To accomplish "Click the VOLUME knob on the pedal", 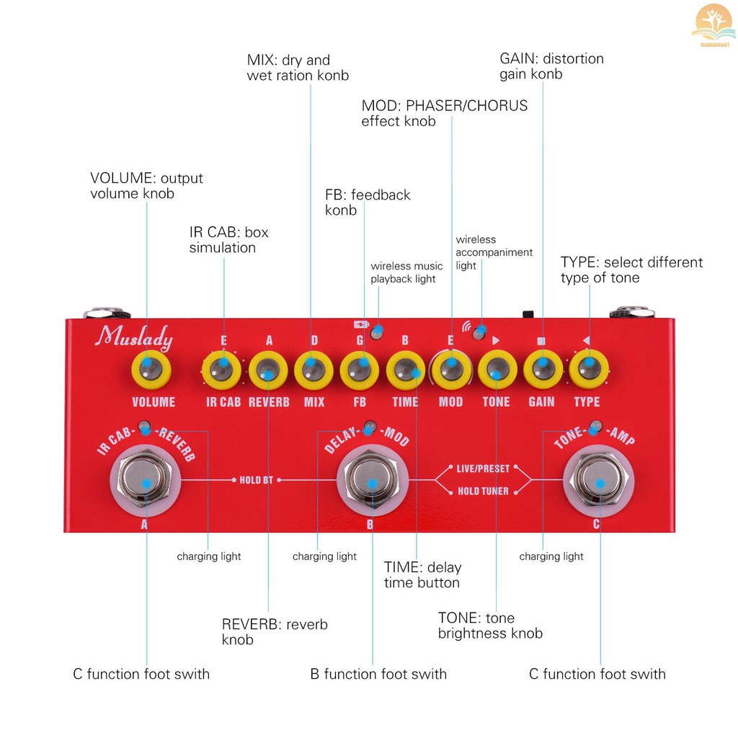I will tap(151, 370).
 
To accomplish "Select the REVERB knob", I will tap(268, 370).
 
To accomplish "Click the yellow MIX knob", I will tap(314, 370).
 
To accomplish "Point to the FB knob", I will tap(360, 370).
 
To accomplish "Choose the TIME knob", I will tap(406, 370).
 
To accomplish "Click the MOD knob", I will tap(451, 370).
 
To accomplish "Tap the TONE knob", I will tap(497, 370).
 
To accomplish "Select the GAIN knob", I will tap(543, 370).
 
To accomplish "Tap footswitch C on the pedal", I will tap(599, 481).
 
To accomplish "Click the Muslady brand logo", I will tap(135, 337).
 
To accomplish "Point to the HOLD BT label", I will tap(257, 480).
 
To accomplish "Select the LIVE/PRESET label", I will tap(483, 468).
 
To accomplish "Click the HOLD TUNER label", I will tap(483, 492).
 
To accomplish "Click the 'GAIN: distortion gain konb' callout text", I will tap(551, 66).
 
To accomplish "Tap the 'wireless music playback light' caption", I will tap(406, 272).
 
